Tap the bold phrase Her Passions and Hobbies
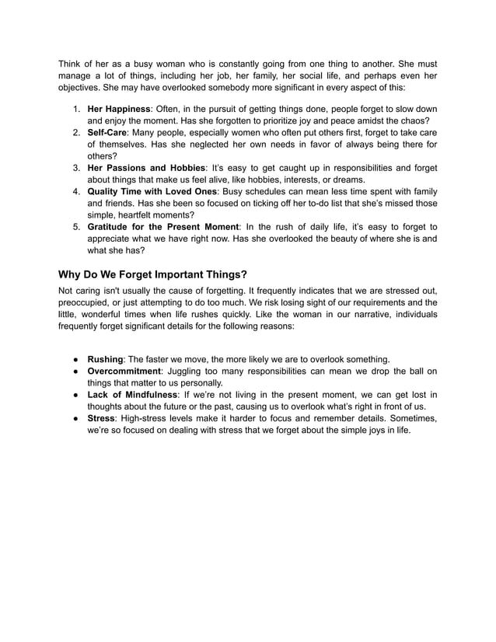(x=145, y=168)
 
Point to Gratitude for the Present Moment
(x=162, y=226)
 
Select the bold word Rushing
(x=105, y=359)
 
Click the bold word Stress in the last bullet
(x=102, y=418)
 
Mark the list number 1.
(x=77, y=108)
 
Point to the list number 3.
(x=77, y=168)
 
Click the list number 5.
(x=77, y=226)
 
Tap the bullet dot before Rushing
(x=78, y=359)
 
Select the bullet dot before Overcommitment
(x=78, y=371)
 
